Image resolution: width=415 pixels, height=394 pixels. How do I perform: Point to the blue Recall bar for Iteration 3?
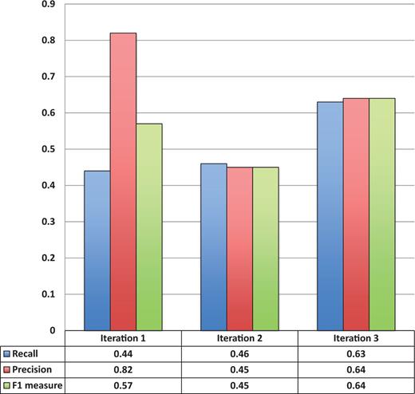pos(330,215)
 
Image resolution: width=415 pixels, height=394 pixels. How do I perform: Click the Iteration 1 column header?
pos(123,338)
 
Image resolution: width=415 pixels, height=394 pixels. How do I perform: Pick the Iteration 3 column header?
pos(356,338)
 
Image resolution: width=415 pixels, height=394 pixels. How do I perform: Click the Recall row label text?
pos(28,354)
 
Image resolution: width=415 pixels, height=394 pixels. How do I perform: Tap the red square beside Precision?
pos(6,369)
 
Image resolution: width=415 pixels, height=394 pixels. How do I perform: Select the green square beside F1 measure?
pos(6,384)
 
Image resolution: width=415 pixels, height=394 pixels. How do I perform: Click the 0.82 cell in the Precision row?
pos(123,369)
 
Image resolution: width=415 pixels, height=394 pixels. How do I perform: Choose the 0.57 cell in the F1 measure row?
pos(123,384)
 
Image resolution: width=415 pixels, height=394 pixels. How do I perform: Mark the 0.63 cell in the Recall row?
pos(356,354)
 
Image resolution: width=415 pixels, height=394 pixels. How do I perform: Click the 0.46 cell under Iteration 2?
pos(239,354)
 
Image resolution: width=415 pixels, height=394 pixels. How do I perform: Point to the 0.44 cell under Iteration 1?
pos(123,354)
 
